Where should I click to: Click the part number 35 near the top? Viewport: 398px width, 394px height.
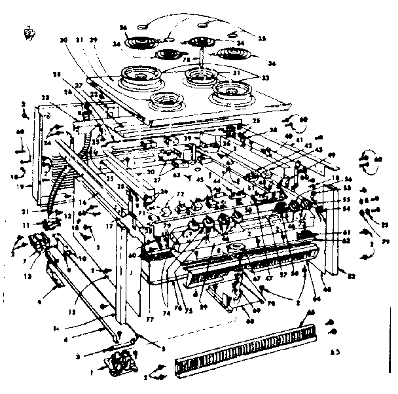click(x=262, y=39)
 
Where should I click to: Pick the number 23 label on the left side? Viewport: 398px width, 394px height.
click(x=45, y=98)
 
